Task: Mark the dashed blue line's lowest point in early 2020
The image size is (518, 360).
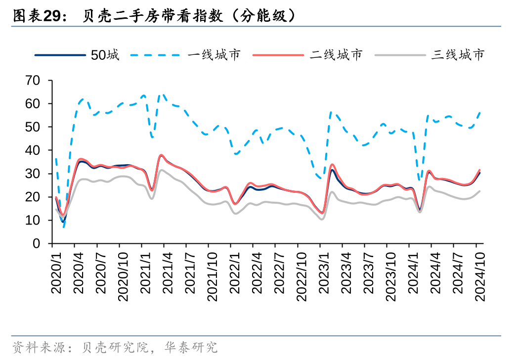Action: (64, 227)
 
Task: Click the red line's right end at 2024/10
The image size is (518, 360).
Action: (479, 170)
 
